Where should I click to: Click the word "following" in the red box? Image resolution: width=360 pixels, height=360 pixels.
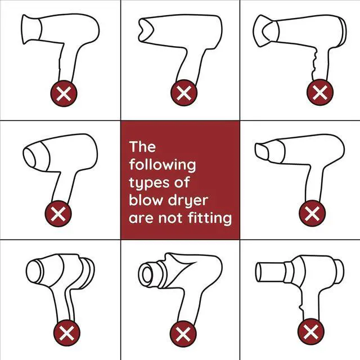point(163,165)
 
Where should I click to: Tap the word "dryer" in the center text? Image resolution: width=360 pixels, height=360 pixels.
point(188,201)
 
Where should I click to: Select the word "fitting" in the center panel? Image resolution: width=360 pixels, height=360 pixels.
point(210,218)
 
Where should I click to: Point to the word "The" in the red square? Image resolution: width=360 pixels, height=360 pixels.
point(142,146)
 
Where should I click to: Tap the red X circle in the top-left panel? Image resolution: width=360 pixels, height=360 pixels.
point(64,93)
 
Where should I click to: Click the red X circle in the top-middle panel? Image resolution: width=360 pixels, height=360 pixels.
point(184,93)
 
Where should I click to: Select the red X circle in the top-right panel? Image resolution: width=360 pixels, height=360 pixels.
point(320,92)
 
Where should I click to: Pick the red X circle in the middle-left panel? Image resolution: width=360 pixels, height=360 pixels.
point(58,214)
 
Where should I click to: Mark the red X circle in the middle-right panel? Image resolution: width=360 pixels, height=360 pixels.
point(312,213)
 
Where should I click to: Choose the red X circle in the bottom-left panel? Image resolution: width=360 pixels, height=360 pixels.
point(67,333)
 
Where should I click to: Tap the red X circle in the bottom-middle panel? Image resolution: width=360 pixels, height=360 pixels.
point(183,334)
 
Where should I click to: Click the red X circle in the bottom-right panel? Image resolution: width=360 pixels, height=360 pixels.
point(311,332)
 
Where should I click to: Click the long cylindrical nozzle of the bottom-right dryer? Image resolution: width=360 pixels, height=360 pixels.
point(271,272)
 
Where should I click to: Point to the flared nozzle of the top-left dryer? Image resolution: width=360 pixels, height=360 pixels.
point(31,29)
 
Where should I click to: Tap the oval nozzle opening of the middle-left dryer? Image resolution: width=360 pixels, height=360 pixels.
point(29,158)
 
